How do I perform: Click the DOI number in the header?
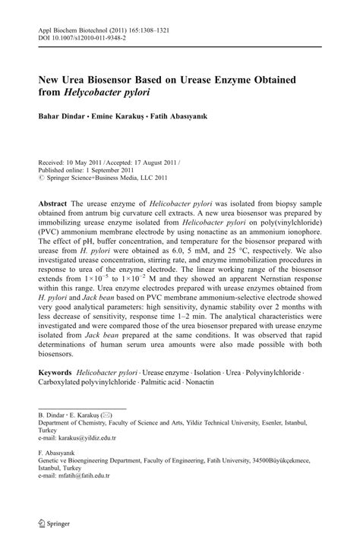point(88,36)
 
